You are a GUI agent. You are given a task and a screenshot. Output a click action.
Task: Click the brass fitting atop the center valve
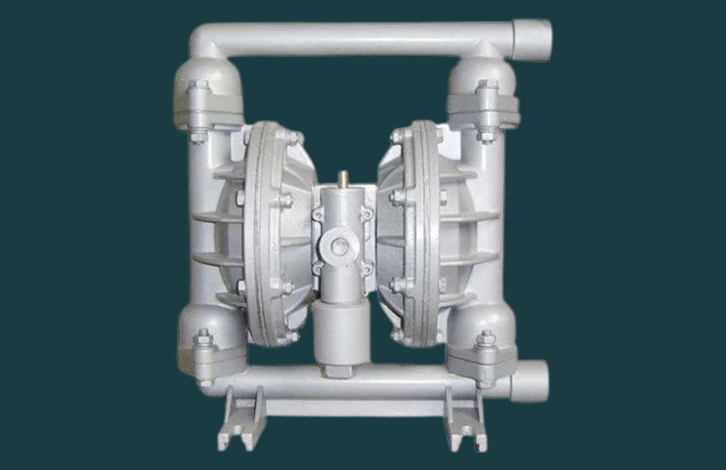(x=342, y=179)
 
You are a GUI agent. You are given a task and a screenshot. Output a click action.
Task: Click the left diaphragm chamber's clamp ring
(x=262, y=232)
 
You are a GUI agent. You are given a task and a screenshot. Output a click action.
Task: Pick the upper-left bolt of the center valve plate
(x=319, y=216)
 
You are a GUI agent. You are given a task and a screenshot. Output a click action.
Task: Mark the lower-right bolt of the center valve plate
(x=366, y=266)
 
